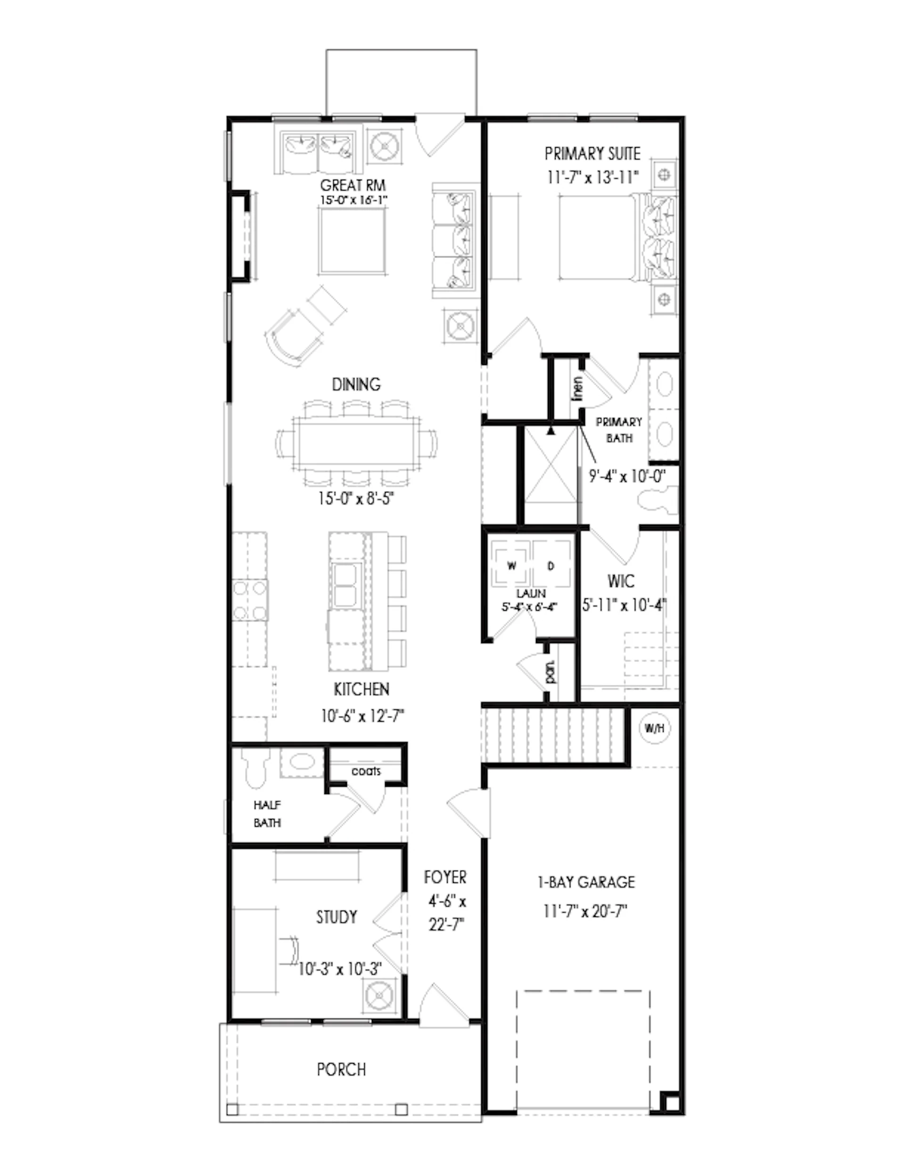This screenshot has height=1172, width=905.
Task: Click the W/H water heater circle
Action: coord(654,729)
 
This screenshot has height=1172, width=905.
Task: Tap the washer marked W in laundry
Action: coord(511,565)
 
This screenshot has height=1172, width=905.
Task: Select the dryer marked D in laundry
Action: coord(551,565)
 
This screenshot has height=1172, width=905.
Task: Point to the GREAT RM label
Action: coord(353,186)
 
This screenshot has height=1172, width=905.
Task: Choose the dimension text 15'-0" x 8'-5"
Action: coord(356,499)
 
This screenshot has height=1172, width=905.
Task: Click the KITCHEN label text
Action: coord(362,689)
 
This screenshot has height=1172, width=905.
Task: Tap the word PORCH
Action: coord(342,1070)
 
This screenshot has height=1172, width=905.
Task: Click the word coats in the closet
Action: coord(366,772)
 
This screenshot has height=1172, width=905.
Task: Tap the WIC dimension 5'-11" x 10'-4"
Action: coord(624,605)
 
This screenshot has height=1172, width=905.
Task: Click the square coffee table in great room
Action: coord(353,241)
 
